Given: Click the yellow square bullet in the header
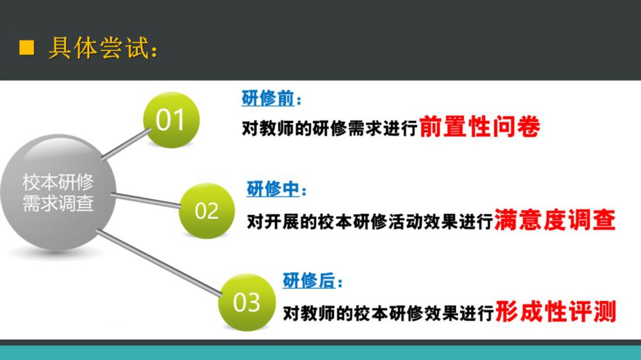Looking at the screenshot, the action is (x=26, y=47).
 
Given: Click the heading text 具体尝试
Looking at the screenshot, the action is (x=99, y=48).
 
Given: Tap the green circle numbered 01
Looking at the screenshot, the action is (x=171, y=119).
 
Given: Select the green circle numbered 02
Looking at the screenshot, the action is (x=207, y=211).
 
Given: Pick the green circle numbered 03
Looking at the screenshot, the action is (x=247, y=302).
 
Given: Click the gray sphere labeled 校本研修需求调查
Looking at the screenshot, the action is (x=58, y=192).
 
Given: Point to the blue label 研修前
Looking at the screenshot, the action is (x=268, y=99).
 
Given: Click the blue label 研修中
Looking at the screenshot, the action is (x=272, y=189).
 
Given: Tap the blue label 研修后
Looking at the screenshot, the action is (x=309, y=281).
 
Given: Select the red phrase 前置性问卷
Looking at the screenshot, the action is (x=479, y=127).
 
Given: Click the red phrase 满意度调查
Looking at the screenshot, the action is (x=554, y=220).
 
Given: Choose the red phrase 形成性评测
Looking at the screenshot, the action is (x=556, y=311).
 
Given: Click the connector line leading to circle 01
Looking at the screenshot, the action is (x=126, y=143).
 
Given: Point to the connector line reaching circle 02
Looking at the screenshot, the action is (x=146, y=200).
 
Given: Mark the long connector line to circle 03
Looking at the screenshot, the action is (x=159, y=263).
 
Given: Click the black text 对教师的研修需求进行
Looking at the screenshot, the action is (x=329, y=128).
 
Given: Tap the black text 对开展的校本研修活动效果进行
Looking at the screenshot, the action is (x=370, y=222).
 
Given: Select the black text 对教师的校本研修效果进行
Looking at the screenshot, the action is (x=388, y=313).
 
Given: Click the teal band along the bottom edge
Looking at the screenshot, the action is (x=320, y=353).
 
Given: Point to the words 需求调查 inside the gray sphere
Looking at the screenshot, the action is (x=58, y=203).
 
